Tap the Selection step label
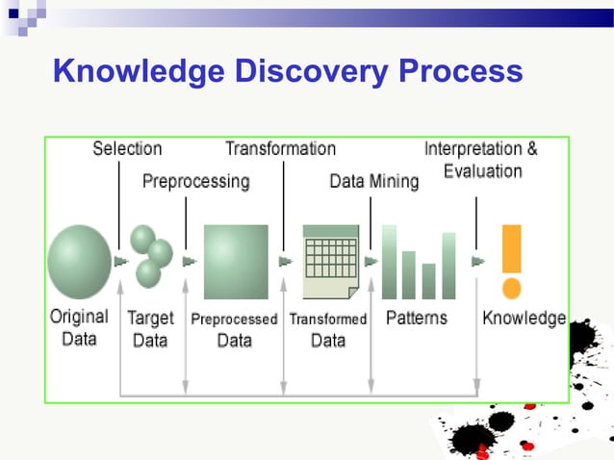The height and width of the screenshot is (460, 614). pyautogui.click(x=127, y=149)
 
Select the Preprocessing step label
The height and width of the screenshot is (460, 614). pyautogui.click(x=195, y=181)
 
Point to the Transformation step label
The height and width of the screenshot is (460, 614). pyautogui.click(x=280, y=149)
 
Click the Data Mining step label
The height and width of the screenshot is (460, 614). pyautogui.click(x=374, y=181)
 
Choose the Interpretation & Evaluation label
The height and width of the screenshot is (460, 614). pyautogui.click(x=481, y=161)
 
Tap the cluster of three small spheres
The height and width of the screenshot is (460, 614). pyautogui.click(x=150, y=256)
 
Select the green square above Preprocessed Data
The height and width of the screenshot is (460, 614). pyautogui.click(x=236, y=261)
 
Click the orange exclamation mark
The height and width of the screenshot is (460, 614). pyautogui.click(x=512, y=262)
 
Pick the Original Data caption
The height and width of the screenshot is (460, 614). pyautogui.click(x=79, y=328)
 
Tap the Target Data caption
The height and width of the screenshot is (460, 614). pyautogui.click(x=150, y=328)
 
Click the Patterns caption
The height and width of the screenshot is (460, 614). pyautogui.click(x=416, y=318)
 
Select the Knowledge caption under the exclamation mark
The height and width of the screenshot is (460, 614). pyautogui.click(x=524, y=318)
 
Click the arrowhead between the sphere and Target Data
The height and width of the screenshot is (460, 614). pyautogui.click(x=120, y=261)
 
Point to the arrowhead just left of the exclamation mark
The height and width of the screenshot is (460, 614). pyautogui.click(x=477, y=261)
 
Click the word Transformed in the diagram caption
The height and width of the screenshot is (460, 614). pyautogui.click(x=328, y=319)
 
